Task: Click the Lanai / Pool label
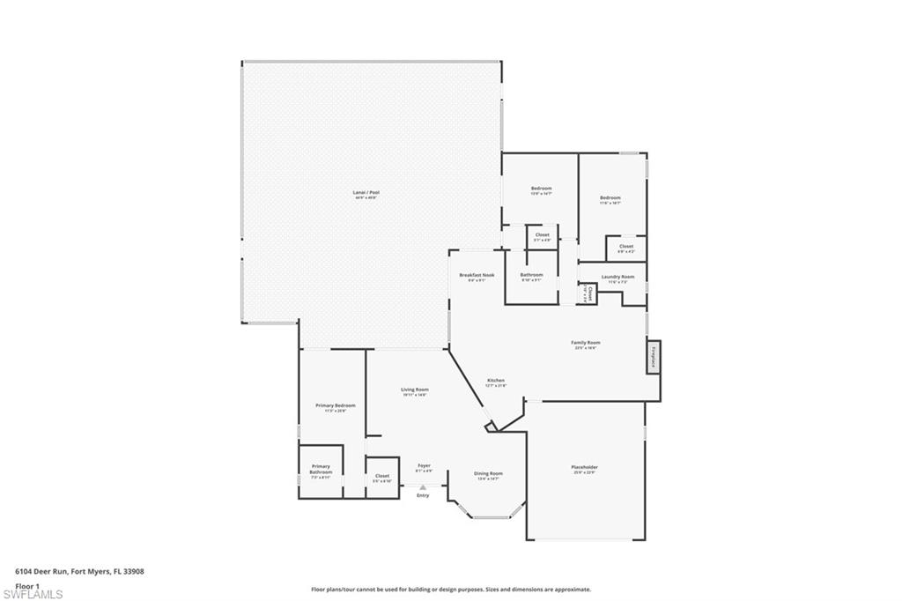(x=366, y=192)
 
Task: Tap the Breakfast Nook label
(x=477, y=275)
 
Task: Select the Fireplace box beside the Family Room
(x=654, y=357)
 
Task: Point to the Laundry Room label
(x=617, y=277)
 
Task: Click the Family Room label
(x=585, y=343)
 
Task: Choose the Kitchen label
(x=496, y=381)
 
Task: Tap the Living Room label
(x=414, y=390)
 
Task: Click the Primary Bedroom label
(x=335, y=405)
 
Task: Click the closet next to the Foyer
(x=381, y=478)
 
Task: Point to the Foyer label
(x=424, y=466)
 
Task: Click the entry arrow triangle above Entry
(x=423, y=486)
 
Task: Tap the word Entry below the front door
(x=423, y=495)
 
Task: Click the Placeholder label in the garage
(x=584, y=467)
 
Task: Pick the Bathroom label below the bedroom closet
(x=531, y=275)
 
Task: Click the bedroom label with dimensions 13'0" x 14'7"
(x=541, y=189)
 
